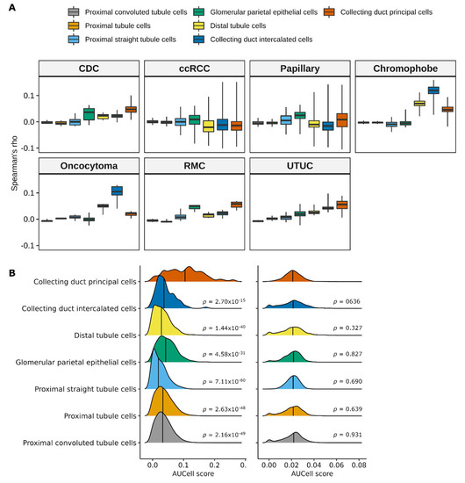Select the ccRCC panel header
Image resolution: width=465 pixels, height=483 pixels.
pyautogui.click(x=193, y=68)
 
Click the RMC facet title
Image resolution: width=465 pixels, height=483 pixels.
pyautogui.click(x=193, y=165)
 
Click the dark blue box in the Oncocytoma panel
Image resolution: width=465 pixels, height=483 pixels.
pyautogui.click(x=117, y=191)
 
